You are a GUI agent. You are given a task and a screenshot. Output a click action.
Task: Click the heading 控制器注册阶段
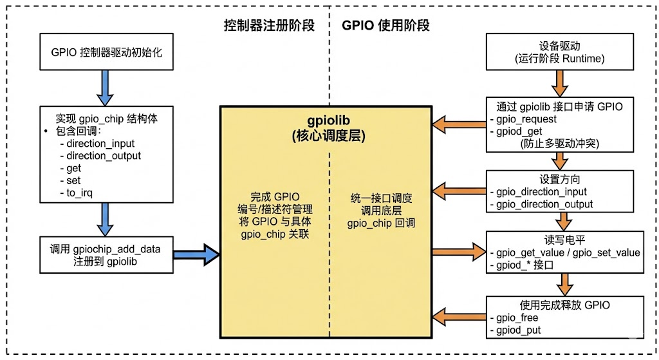269,26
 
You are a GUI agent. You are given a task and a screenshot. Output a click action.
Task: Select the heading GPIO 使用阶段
385,26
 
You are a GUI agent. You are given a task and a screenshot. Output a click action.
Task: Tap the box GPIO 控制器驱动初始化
107,52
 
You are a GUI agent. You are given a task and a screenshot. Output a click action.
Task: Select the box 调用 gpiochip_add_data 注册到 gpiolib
107,255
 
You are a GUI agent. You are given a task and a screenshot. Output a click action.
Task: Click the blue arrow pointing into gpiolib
196,254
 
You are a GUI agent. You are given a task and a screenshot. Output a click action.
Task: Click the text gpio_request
523,119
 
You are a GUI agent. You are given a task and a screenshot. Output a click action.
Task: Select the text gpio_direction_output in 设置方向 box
541,204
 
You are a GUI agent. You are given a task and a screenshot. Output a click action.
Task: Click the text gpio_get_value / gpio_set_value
564,252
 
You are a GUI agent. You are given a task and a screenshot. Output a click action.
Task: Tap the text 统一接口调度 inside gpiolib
376,198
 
